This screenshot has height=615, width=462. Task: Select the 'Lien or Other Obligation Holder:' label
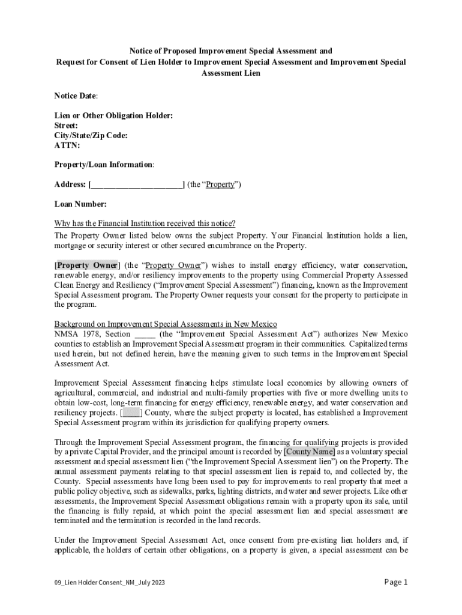[113, 116]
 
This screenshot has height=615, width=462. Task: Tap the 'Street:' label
[66, 126]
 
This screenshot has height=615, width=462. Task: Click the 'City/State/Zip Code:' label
[91, 136]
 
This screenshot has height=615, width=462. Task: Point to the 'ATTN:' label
[67, 145]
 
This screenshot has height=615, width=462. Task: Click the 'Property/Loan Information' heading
[104, 165]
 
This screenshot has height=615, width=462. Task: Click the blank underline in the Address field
[137, 185]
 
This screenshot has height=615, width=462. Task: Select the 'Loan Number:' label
[80, 204]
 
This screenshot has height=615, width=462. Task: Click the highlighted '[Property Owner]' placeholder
[88, 265]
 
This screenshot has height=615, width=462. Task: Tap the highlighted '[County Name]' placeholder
[310, 452]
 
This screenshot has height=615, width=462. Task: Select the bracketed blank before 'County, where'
[131, 413]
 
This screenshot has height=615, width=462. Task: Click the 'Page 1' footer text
[395, 582]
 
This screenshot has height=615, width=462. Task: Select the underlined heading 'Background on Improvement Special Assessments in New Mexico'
[166, 324]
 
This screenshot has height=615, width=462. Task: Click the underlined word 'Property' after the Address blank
[220, 185]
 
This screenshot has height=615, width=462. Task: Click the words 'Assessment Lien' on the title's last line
[231, 73]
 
